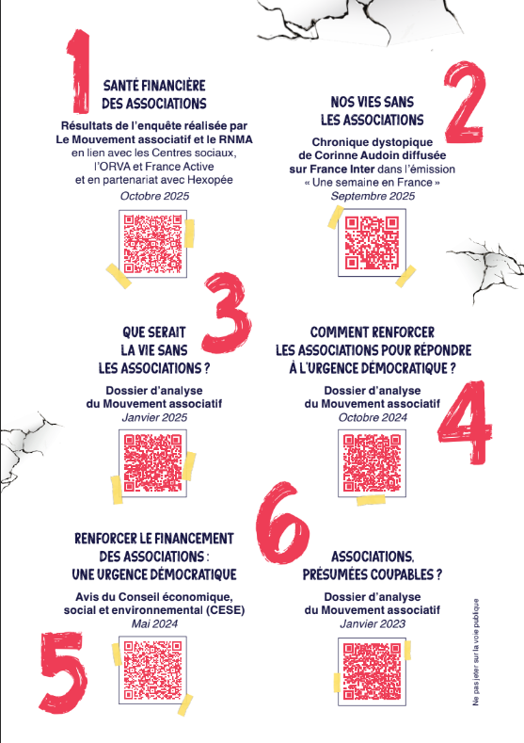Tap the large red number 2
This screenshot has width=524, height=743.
pos(465,102)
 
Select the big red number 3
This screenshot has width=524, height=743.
pos(228,313)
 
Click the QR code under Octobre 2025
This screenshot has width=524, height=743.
pos(152,244)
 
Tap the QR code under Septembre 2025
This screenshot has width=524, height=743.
pos(372,243)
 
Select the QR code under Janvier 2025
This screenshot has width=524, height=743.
pos(152,463)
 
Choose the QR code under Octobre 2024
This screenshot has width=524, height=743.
pos(372,463)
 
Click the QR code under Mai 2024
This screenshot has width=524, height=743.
pos(152,670)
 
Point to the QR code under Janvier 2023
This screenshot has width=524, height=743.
pos(372,671)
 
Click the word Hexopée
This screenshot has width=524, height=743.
pos(210,180)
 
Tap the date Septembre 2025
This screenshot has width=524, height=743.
pos(373,196)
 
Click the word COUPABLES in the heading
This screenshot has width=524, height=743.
pos(402,574)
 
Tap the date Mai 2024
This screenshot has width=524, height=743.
pos(154,623)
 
